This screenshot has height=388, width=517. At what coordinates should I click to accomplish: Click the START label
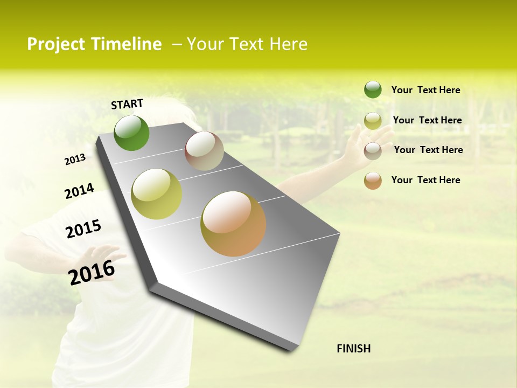(x=127, y=103)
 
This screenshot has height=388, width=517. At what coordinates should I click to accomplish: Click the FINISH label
(x=354, y=349)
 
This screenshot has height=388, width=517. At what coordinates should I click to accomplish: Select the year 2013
(x=75, y=160)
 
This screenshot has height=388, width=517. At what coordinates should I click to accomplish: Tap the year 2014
(x=79, y=191)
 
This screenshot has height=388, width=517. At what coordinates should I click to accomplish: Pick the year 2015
(x=83, y=229)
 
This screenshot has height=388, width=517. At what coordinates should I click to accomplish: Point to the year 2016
(x=92, y=272)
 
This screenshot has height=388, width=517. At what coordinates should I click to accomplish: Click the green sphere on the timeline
(x=131, y=133)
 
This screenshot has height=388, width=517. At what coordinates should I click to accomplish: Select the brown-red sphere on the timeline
(x=204, y=151)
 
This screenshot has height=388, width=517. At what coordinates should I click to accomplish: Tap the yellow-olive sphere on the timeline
(x=157, y=194)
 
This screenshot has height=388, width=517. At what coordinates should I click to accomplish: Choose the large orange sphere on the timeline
(x=233, y=224)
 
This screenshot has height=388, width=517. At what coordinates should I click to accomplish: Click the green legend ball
(x=373, y=89)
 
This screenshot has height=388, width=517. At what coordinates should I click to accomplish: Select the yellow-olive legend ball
(x=373, y=121)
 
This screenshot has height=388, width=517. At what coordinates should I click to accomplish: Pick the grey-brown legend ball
(x=373, y=151)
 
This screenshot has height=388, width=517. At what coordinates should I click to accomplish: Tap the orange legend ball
(x=373, y=181)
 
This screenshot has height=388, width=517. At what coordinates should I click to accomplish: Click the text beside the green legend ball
(x=425, y=90)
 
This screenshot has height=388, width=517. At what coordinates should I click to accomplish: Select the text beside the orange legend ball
(x=425, y=180)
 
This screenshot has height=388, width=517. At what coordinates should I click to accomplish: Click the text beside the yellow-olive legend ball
(x=427, y=120)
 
